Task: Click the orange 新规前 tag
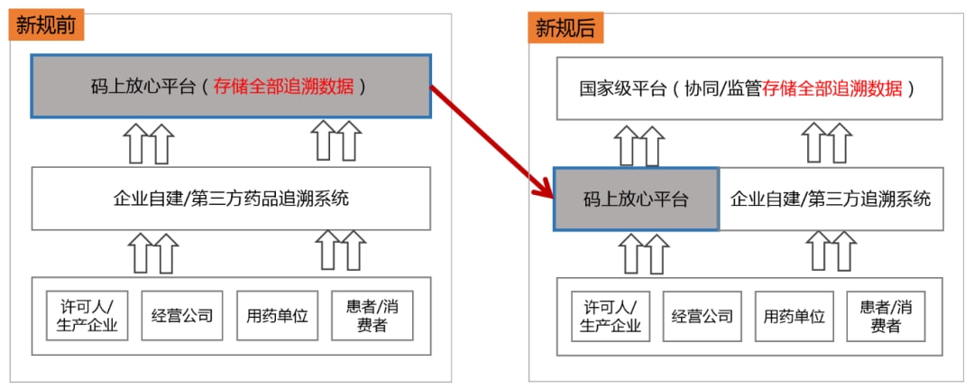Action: pos(46,25)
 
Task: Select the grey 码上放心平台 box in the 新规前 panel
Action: pos(231,87)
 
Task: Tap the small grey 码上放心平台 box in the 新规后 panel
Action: pos(636,199)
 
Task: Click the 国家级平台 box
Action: pos(749,88)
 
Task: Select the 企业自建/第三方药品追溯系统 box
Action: pos(231,198)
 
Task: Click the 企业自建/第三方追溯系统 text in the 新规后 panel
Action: pos(831,199)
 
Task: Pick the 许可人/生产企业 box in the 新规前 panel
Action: pos(87,316)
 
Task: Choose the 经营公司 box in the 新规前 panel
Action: pos(182,316)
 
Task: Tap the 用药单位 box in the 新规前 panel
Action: pos(278,316)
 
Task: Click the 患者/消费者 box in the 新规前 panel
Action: pos(372,316)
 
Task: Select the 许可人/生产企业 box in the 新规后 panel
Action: pos(611,316)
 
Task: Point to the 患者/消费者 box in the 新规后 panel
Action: pos(886,316)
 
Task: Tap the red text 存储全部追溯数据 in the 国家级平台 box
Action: pos(832,88)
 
